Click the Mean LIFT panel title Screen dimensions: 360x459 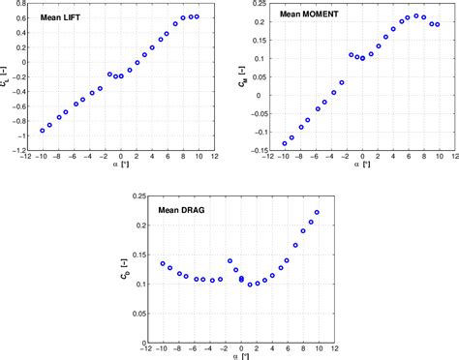(x=60, y=18)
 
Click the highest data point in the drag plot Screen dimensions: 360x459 (x=317, y=212)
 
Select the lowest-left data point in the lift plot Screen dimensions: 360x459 (x=43, y=130)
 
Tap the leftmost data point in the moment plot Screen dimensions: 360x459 (x=285, y=143)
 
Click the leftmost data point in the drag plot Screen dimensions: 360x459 (x=163, y=263)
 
